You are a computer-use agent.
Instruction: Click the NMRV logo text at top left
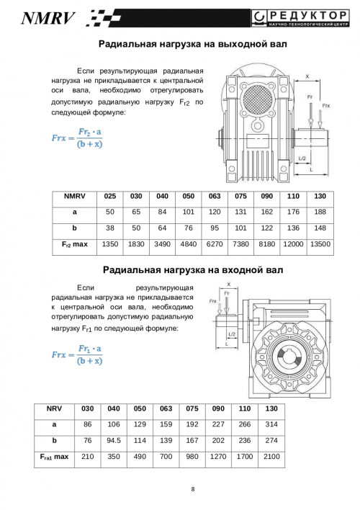(x=48, y=18)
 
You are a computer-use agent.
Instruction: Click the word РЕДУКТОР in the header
(x=308, y=15)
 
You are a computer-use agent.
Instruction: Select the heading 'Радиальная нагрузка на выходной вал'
(x=192, y=44)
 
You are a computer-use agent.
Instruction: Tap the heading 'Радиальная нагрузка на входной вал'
(x=193, y=270)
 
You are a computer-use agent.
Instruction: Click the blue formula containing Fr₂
(x=77, y=138)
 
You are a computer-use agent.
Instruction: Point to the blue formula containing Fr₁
(x=77, y=355)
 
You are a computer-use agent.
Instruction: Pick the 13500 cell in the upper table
(x=320, y=244)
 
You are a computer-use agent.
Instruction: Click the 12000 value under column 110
(x=293, y=244)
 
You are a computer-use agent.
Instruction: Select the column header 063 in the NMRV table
(x=215, y=196)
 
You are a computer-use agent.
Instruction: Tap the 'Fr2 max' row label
(x=75, y=244)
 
